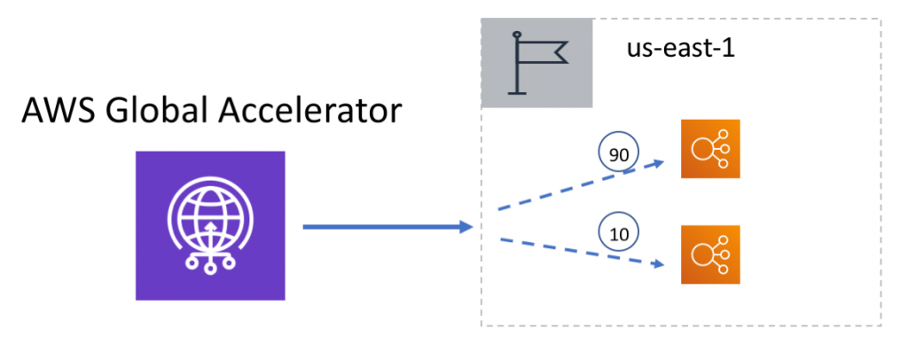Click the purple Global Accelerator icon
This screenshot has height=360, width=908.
coord(210,225)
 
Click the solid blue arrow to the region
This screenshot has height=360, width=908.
coord(381,228)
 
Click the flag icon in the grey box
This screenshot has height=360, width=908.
coord(536,61)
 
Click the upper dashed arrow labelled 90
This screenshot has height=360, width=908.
coord(576,185)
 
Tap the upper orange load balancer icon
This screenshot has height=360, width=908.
coord(710,149)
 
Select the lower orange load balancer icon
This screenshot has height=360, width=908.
coord(710,254)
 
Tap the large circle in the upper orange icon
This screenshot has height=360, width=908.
coord(703,149)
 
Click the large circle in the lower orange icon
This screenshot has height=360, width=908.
coord(703,254)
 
